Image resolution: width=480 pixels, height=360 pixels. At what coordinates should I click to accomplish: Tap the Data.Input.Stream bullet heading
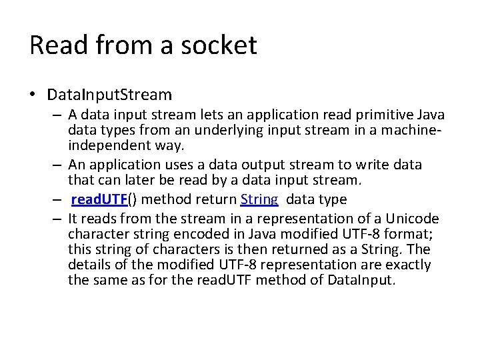pyautogui.click(x=109, y=95)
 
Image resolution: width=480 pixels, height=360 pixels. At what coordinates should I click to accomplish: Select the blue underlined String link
pyautogui.click(x=259, y=199)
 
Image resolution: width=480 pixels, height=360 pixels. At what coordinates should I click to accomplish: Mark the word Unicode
pyautogui.click(x=413, y=218)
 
